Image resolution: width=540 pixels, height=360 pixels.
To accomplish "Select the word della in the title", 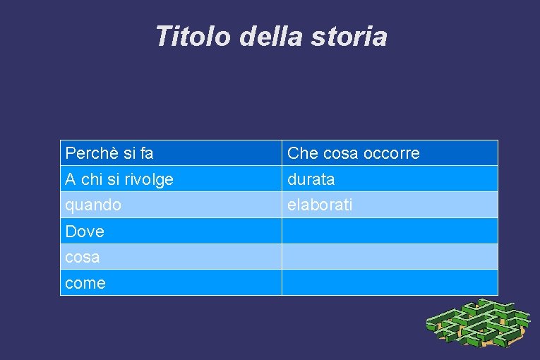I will pyautogui.click(x=272, y=37).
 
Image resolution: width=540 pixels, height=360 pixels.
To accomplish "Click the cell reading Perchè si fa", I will pyautogui.click(x=171, y=153).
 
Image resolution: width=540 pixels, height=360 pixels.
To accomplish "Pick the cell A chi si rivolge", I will pyautogui.click(x=171, y=179).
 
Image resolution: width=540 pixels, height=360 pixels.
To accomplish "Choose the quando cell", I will pyautogui.click(x=171, y=205).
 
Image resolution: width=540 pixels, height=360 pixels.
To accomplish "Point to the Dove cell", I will pyautogui.click(x=171, y=232).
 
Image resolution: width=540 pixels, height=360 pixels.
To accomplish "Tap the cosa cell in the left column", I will pyautogui.click(x=171, y=257).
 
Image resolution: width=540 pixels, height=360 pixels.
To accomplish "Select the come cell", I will pyautogui.click(x=171, y=283).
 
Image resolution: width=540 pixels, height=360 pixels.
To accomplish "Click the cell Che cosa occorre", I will pyautogui.click(x=390, y=153).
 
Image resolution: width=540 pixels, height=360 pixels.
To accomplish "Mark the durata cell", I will pyautogui.click(x=390, y=179).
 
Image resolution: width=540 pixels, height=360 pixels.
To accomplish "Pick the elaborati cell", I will pyautogui.click(x=390, y=205).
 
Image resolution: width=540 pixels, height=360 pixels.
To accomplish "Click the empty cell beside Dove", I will pyautogui.click(x=390, y=232).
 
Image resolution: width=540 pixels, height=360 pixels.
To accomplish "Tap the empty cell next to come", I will pyautogui.click(x=390, y=283).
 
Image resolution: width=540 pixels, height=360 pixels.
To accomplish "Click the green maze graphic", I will pyautogui.click(x=478, y=325).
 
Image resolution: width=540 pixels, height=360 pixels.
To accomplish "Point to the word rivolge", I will pyautogui.click(x=151, y=180).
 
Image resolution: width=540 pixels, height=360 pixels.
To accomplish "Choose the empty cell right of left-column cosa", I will pyautogui.click(x=390, y=257).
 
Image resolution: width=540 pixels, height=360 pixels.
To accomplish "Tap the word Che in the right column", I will pyautogui.click(x=303, y=153).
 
